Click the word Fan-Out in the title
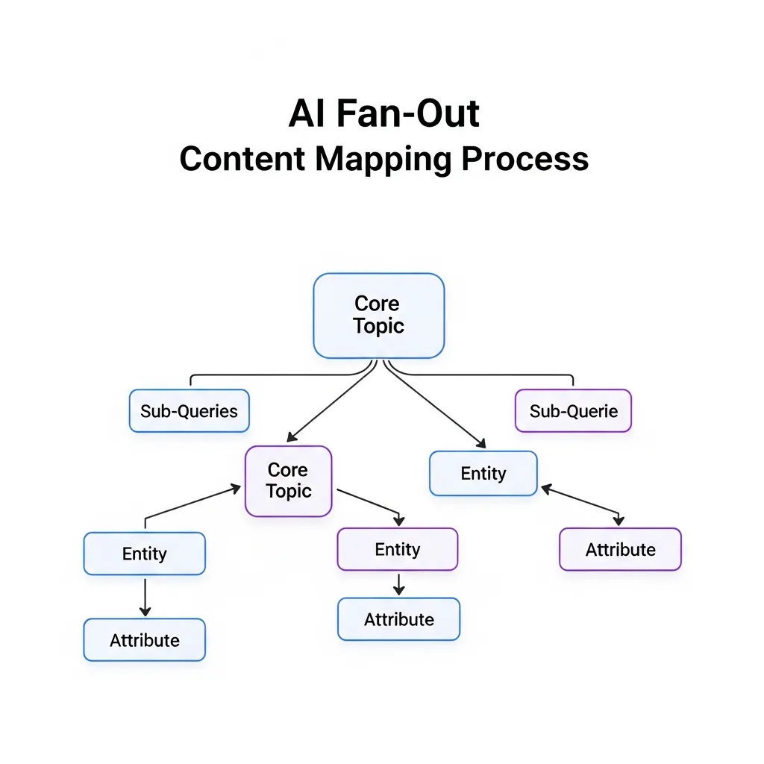408,115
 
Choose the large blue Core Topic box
378,315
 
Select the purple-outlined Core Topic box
288,480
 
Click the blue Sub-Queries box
189,410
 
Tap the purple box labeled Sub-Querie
573,410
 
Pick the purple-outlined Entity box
397,549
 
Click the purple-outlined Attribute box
620,549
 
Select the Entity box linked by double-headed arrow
483,473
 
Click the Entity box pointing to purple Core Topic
144,554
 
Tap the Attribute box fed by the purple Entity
398,619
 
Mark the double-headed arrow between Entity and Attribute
580,502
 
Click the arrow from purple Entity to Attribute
399,583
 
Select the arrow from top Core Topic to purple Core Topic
332,403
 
